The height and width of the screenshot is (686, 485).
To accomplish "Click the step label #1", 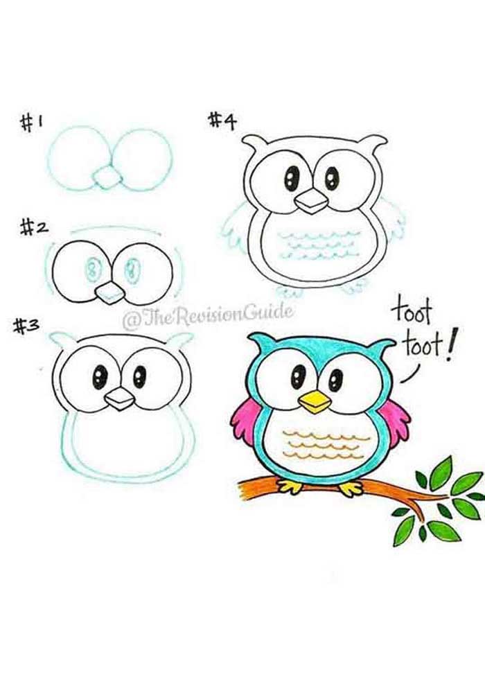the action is (x=32, y=124).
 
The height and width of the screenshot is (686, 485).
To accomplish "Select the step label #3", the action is (x=27, y=326).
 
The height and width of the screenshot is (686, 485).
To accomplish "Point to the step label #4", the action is (x=224, y=121).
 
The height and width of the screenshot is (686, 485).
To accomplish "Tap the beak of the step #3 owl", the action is (x=119, y=398).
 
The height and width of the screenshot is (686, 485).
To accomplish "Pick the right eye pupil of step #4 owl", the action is (x=332, y=179).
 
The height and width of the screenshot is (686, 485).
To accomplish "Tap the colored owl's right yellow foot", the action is (x=351, y=488).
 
